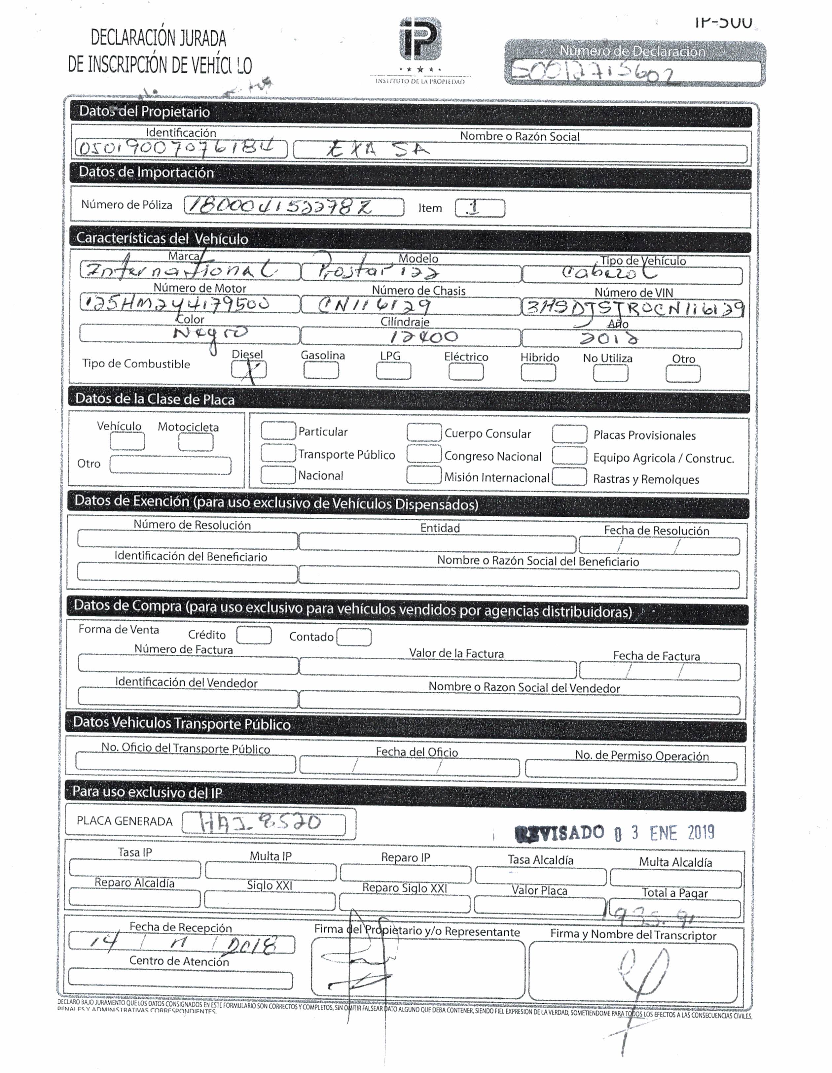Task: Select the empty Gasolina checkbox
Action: point(321,370)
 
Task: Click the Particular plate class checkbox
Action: point(278,431)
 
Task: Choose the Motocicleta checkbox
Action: point(196,442)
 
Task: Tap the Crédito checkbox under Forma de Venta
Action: point(254,635)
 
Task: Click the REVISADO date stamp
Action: point(614,833)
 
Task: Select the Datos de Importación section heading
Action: point(146,172)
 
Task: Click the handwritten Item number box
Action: point(479,208)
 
